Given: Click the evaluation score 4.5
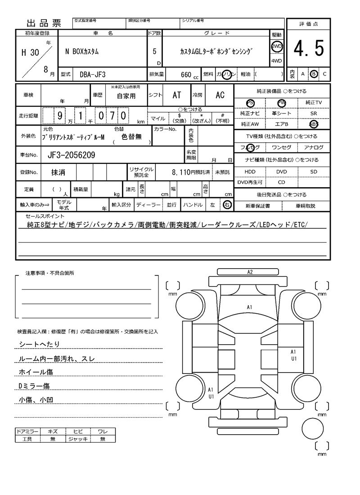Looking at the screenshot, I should coord(308,49).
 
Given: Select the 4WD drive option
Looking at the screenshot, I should coord(276,61).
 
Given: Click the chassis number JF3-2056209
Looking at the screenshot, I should coord(71,155).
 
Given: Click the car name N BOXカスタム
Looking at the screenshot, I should coord(82,51).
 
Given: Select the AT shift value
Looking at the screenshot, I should coord(176,95).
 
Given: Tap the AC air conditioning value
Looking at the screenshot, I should coord(220,95).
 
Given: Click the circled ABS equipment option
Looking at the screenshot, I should coord(314,124).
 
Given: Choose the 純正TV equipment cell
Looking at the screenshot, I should coord(314,103).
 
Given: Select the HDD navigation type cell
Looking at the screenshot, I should coord(250,172).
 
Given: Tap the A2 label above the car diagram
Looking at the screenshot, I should coord(250,272).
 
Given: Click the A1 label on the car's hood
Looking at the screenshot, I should coord(249,307).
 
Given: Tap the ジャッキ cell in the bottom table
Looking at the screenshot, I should coord(78,439).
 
